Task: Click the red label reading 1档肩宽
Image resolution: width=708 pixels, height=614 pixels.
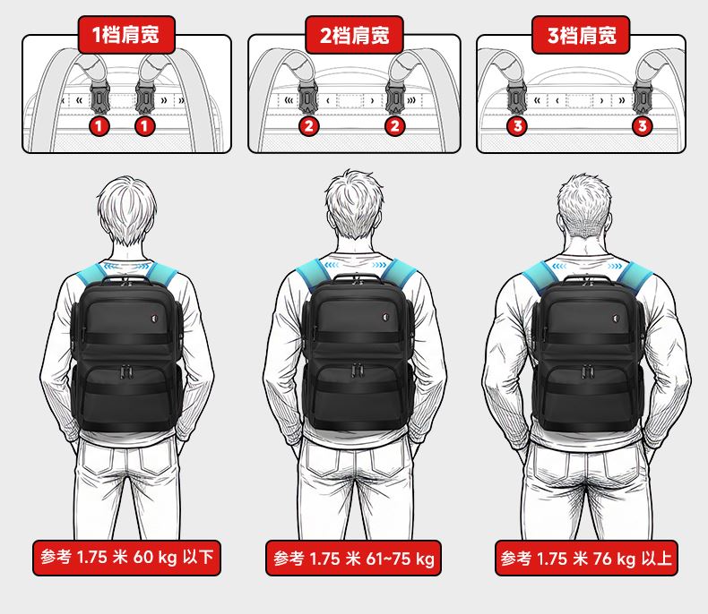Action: coord(126,35)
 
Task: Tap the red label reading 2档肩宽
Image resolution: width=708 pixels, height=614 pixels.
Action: coord(354,35)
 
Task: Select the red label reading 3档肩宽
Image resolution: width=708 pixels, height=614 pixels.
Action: coord(581,35)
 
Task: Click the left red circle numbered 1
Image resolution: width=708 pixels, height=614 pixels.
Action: coord(99,126)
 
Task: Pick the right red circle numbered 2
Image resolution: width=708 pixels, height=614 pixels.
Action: coord(394,126)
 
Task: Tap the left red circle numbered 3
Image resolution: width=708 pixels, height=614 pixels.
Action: coord(518,126)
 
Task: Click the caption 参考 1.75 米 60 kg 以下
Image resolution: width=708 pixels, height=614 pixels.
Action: coord(127,558)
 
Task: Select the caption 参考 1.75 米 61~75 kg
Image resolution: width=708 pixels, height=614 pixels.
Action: coord(353,559)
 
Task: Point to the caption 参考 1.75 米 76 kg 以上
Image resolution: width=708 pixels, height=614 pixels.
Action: coord(586,559)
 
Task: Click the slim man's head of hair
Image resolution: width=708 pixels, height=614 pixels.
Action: coord(126,209)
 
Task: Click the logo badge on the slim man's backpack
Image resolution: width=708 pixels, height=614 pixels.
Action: coord(154,320)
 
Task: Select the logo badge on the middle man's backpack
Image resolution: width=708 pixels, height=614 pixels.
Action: coord(386,318)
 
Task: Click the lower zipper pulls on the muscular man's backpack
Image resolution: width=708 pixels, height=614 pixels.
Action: coord(587,372)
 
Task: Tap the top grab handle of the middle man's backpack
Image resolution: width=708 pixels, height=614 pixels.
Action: coord(357,277)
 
